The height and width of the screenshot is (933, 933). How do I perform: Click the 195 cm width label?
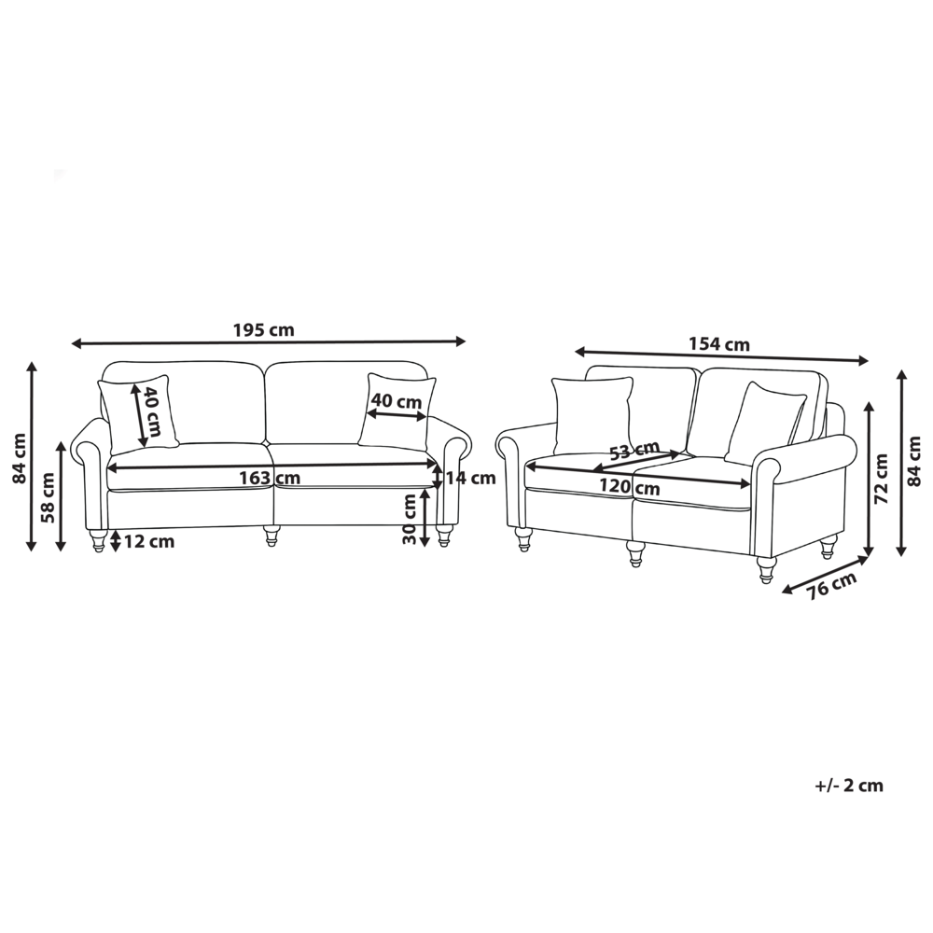point(264,329)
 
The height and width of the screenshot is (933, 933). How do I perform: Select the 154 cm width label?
point(718,344)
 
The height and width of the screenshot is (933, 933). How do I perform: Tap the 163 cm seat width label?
point(270,478)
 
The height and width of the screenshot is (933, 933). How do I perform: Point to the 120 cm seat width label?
point(629,487)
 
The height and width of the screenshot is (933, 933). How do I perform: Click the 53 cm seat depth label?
point(634,450)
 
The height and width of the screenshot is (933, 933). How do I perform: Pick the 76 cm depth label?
point(832,585)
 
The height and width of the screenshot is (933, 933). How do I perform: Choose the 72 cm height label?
point(882,479)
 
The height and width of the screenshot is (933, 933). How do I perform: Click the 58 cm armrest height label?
point(49,497)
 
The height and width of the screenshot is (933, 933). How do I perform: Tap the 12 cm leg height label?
point(149,541)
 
